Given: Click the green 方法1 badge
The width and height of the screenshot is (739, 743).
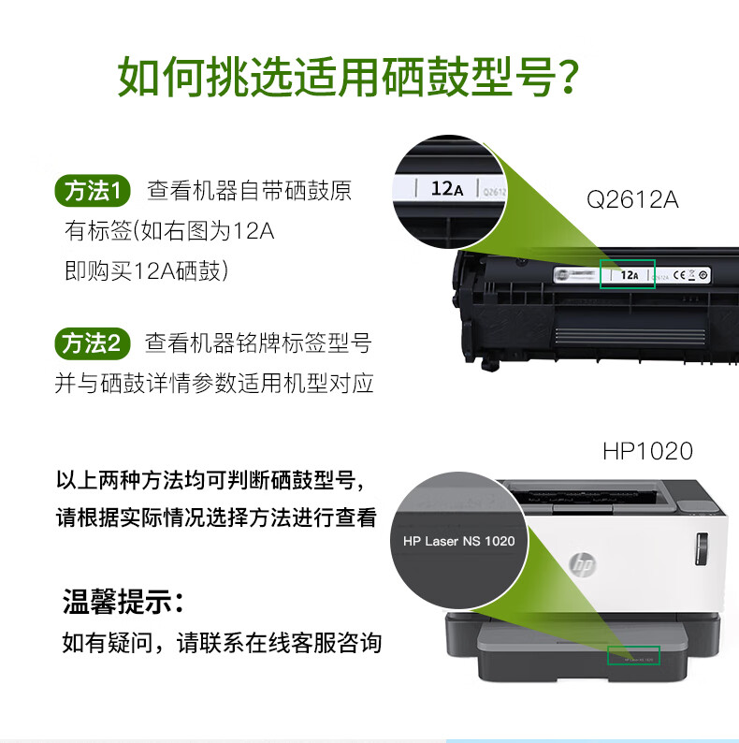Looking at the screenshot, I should [93, 191].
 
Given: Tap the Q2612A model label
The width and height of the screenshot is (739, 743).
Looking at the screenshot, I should [632, 199].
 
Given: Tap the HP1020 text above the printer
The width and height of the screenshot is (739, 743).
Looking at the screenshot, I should [647, 451].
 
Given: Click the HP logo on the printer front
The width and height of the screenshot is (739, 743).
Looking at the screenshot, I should [583, 565].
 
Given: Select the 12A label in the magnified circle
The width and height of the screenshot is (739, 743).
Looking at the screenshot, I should [446, 188].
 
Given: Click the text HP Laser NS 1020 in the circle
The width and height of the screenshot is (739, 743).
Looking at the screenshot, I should [458, 541].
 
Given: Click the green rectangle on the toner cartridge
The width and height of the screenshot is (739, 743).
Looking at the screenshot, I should [627, 274].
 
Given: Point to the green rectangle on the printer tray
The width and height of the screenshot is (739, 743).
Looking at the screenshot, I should [633, 655].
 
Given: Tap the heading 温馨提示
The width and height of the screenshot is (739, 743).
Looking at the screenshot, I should [122, 601].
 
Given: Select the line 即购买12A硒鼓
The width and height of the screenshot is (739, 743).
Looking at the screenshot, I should [147, 271].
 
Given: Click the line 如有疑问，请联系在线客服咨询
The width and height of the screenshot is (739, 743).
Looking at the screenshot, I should [222, 643].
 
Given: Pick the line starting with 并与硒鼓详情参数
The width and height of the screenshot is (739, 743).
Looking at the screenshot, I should [214, 384].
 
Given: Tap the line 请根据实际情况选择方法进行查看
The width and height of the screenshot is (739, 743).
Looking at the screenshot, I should [216, 517].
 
